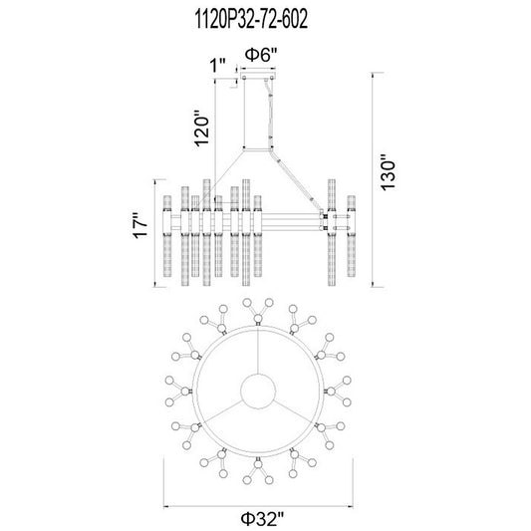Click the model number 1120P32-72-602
[252, 19]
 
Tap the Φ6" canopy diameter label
[261, 55]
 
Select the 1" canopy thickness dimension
[218, 65]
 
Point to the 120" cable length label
[202, 128]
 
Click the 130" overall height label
[389, 172]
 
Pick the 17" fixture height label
[140, 225]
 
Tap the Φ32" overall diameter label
[262, 519]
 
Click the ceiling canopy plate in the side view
[258, 76]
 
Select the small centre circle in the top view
[258, 392]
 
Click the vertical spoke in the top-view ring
[258, 350]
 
